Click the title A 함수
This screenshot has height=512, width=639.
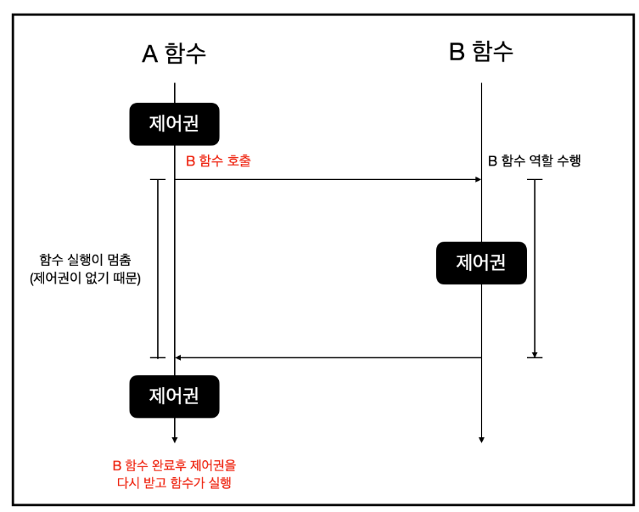coord(174,53)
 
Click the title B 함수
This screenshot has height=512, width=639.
coord(480,52)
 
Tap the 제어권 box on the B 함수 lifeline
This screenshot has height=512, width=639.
coord(481,262)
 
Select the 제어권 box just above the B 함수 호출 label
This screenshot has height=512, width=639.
coord(174,124)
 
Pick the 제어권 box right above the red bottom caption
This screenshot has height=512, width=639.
coord(174,397)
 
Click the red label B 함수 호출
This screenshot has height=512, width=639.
coord(218,160)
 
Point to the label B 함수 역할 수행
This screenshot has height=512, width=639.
coord(534,160)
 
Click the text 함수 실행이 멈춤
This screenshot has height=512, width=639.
coord(85,259)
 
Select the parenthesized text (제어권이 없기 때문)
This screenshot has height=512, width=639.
coord(85,278)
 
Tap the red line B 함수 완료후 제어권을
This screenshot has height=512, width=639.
coord(174,465)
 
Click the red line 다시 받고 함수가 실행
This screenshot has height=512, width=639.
coord(174,483)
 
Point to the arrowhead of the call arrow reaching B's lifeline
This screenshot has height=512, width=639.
coord(478,179)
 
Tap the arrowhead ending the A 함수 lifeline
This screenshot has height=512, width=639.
coord(174,438)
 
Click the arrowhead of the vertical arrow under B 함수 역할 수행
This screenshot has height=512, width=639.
coord(535,353)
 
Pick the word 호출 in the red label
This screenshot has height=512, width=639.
coord(238,160)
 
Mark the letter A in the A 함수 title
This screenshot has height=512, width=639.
coord(150,54)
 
